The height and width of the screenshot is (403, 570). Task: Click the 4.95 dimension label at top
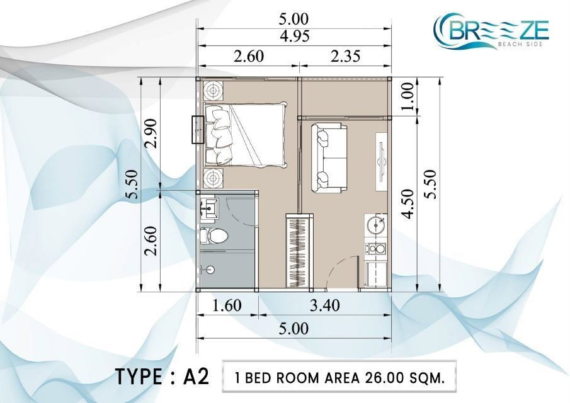(295, 37)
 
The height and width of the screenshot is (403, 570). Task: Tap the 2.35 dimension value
(345, 56)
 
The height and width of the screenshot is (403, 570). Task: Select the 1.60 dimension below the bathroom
(227, 305)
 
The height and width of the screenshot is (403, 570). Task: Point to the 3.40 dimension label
(324, 305)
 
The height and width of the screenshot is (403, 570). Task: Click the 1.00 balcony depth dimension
(408, 96)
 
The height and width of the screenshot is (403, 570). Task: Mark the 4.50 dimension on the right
(408, 204)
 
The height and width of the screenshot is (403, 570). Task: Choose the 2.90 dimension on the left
(150, 133)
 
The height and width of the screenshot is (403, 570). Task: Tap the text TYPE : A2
(162, 377)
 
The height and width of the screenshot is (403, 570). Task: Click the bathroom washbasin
(208, 208)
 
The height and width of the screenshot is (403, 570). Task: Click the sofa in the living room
(329, 157)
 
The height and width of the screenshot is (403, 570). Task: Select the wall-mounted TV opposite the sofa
(382, 161)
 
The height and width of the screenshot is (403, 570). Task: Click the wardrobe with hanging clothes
(299, 251)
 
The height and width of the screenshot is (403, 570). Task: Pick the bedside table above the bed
(213, 91)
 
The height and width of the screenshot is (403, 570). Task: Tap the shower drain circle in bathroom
(210, 270)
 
